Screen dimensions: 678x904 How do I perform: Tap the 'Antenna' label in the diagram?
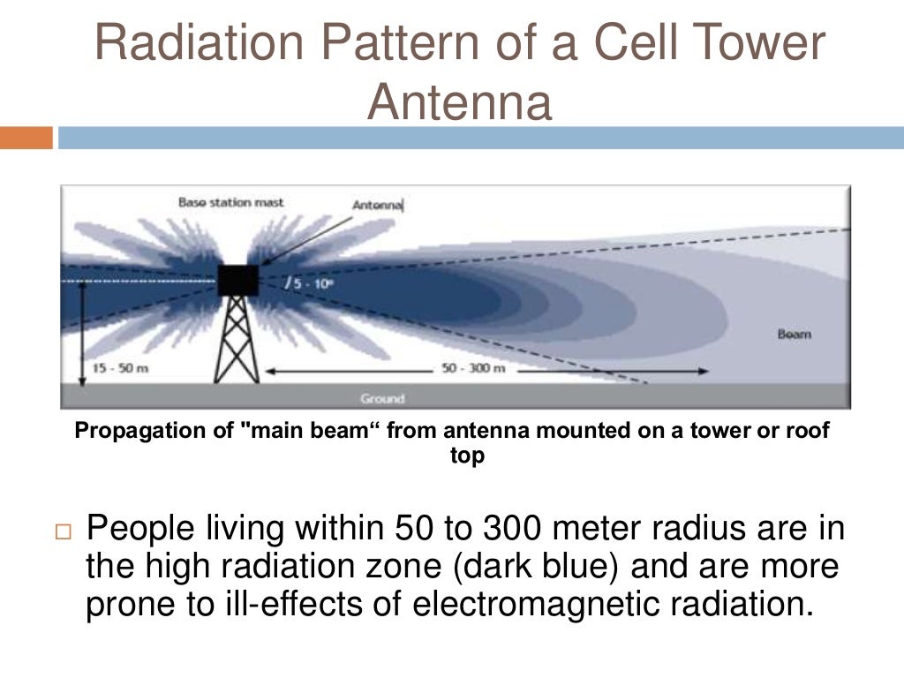(x=377, y=205)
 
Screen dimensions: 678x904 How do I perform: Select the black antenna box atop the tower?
(x=237, y=280)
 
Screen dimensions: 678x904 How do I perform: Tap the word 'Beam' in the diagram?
(x=794, y=335)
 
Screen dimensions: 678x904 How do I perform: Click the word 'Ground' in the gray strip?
(x=381, y=398)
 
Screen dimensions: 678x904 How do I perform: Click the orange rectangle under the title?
(x=26, y=138)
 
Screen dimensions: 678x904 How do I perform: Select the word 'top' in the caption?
(x=467, y=457)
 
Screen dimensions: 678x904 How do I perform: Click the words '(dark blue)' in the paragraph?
(x=538, y=567)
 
